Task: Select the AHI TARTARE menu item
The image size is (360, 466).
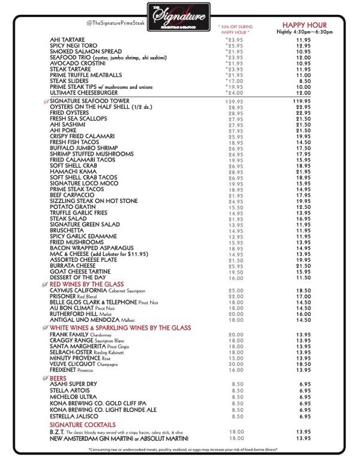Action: coord(67,41)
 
